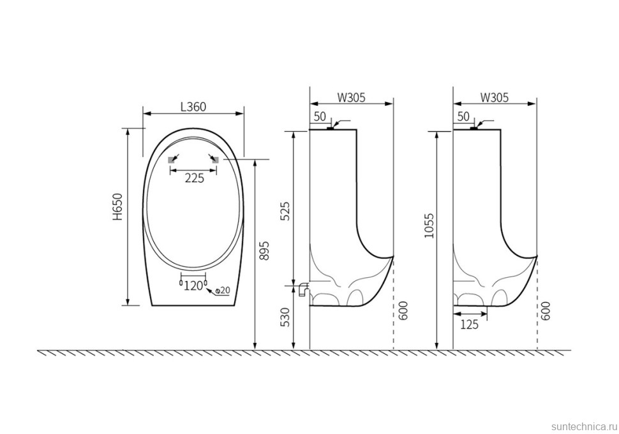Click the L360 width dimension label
(x=193, y=106)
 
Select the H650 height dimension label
(x=119, y=206)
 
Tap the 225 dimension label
(x=195, y=178)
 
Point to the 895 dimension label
(x=265, y=250)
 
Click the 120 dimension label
(x=193, y=286)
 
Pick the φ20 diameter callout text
(x=223, y=291)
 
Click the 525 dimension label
(x=286, y=211)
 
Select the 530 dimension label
(x=286, y=317)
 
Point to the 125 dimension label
(x=469, y=324)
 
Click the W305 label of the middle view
(x=352, y=98)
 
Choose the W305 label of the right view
(x=495, y=98)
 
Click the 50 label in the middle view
(x=320, y=117)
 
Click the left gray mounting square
(x=172, y=160)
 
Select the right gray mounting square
(x=216, y=160)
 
